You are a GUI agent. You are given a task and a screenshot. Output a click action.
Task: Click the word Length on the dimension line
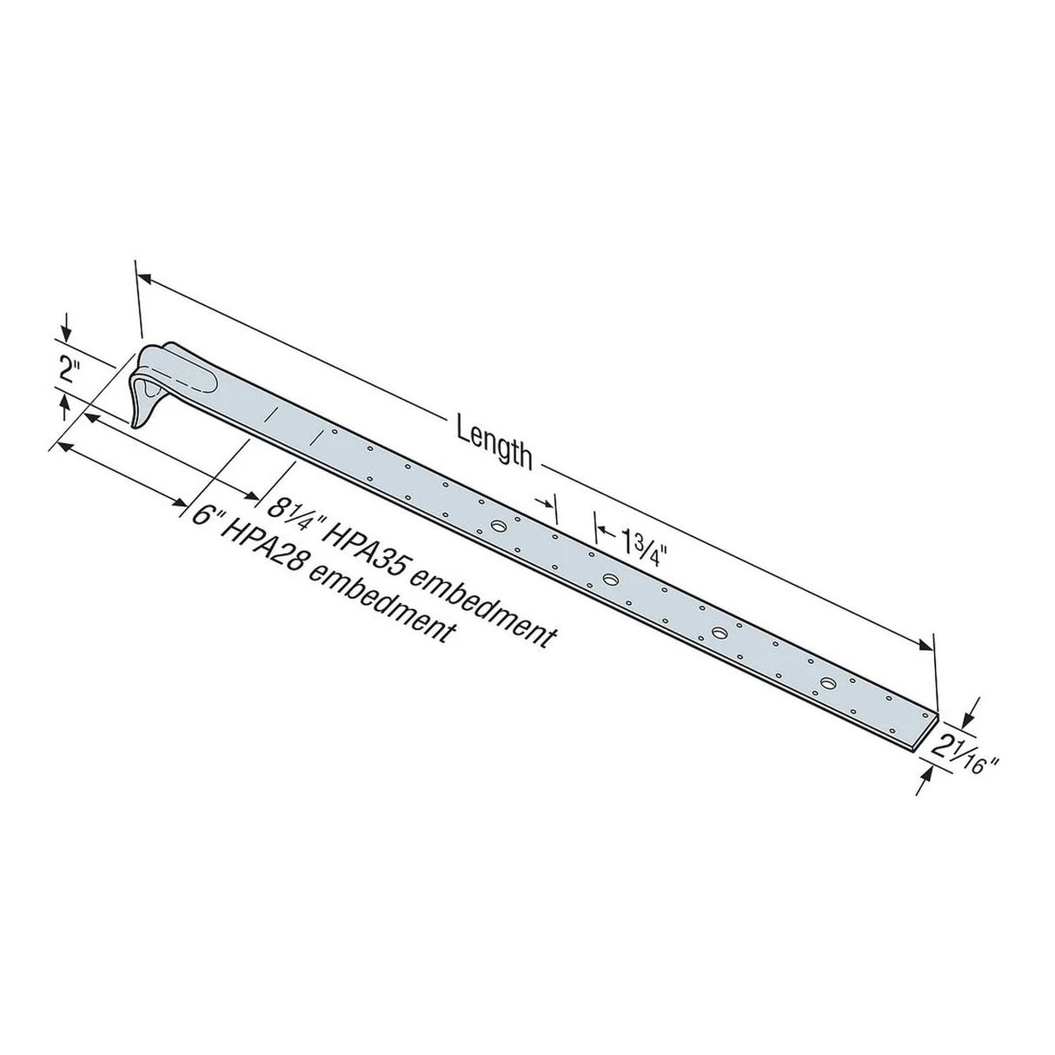pos(494,441)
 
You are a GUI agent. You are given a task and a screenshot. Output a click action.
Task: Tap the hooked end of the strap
pos(152,382)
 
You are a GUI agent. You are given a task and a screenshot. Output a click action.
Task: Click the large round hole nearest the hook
pos(499,526)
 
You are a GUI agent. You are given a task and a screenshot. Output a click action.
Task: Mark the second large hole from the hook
pos(610,579)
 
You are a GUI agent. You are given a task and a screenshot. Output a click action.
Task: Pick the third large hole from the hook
pos(720,632)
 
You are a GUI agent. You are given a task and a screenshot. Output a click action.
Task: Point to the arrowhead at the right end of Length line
pos(926,644)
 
